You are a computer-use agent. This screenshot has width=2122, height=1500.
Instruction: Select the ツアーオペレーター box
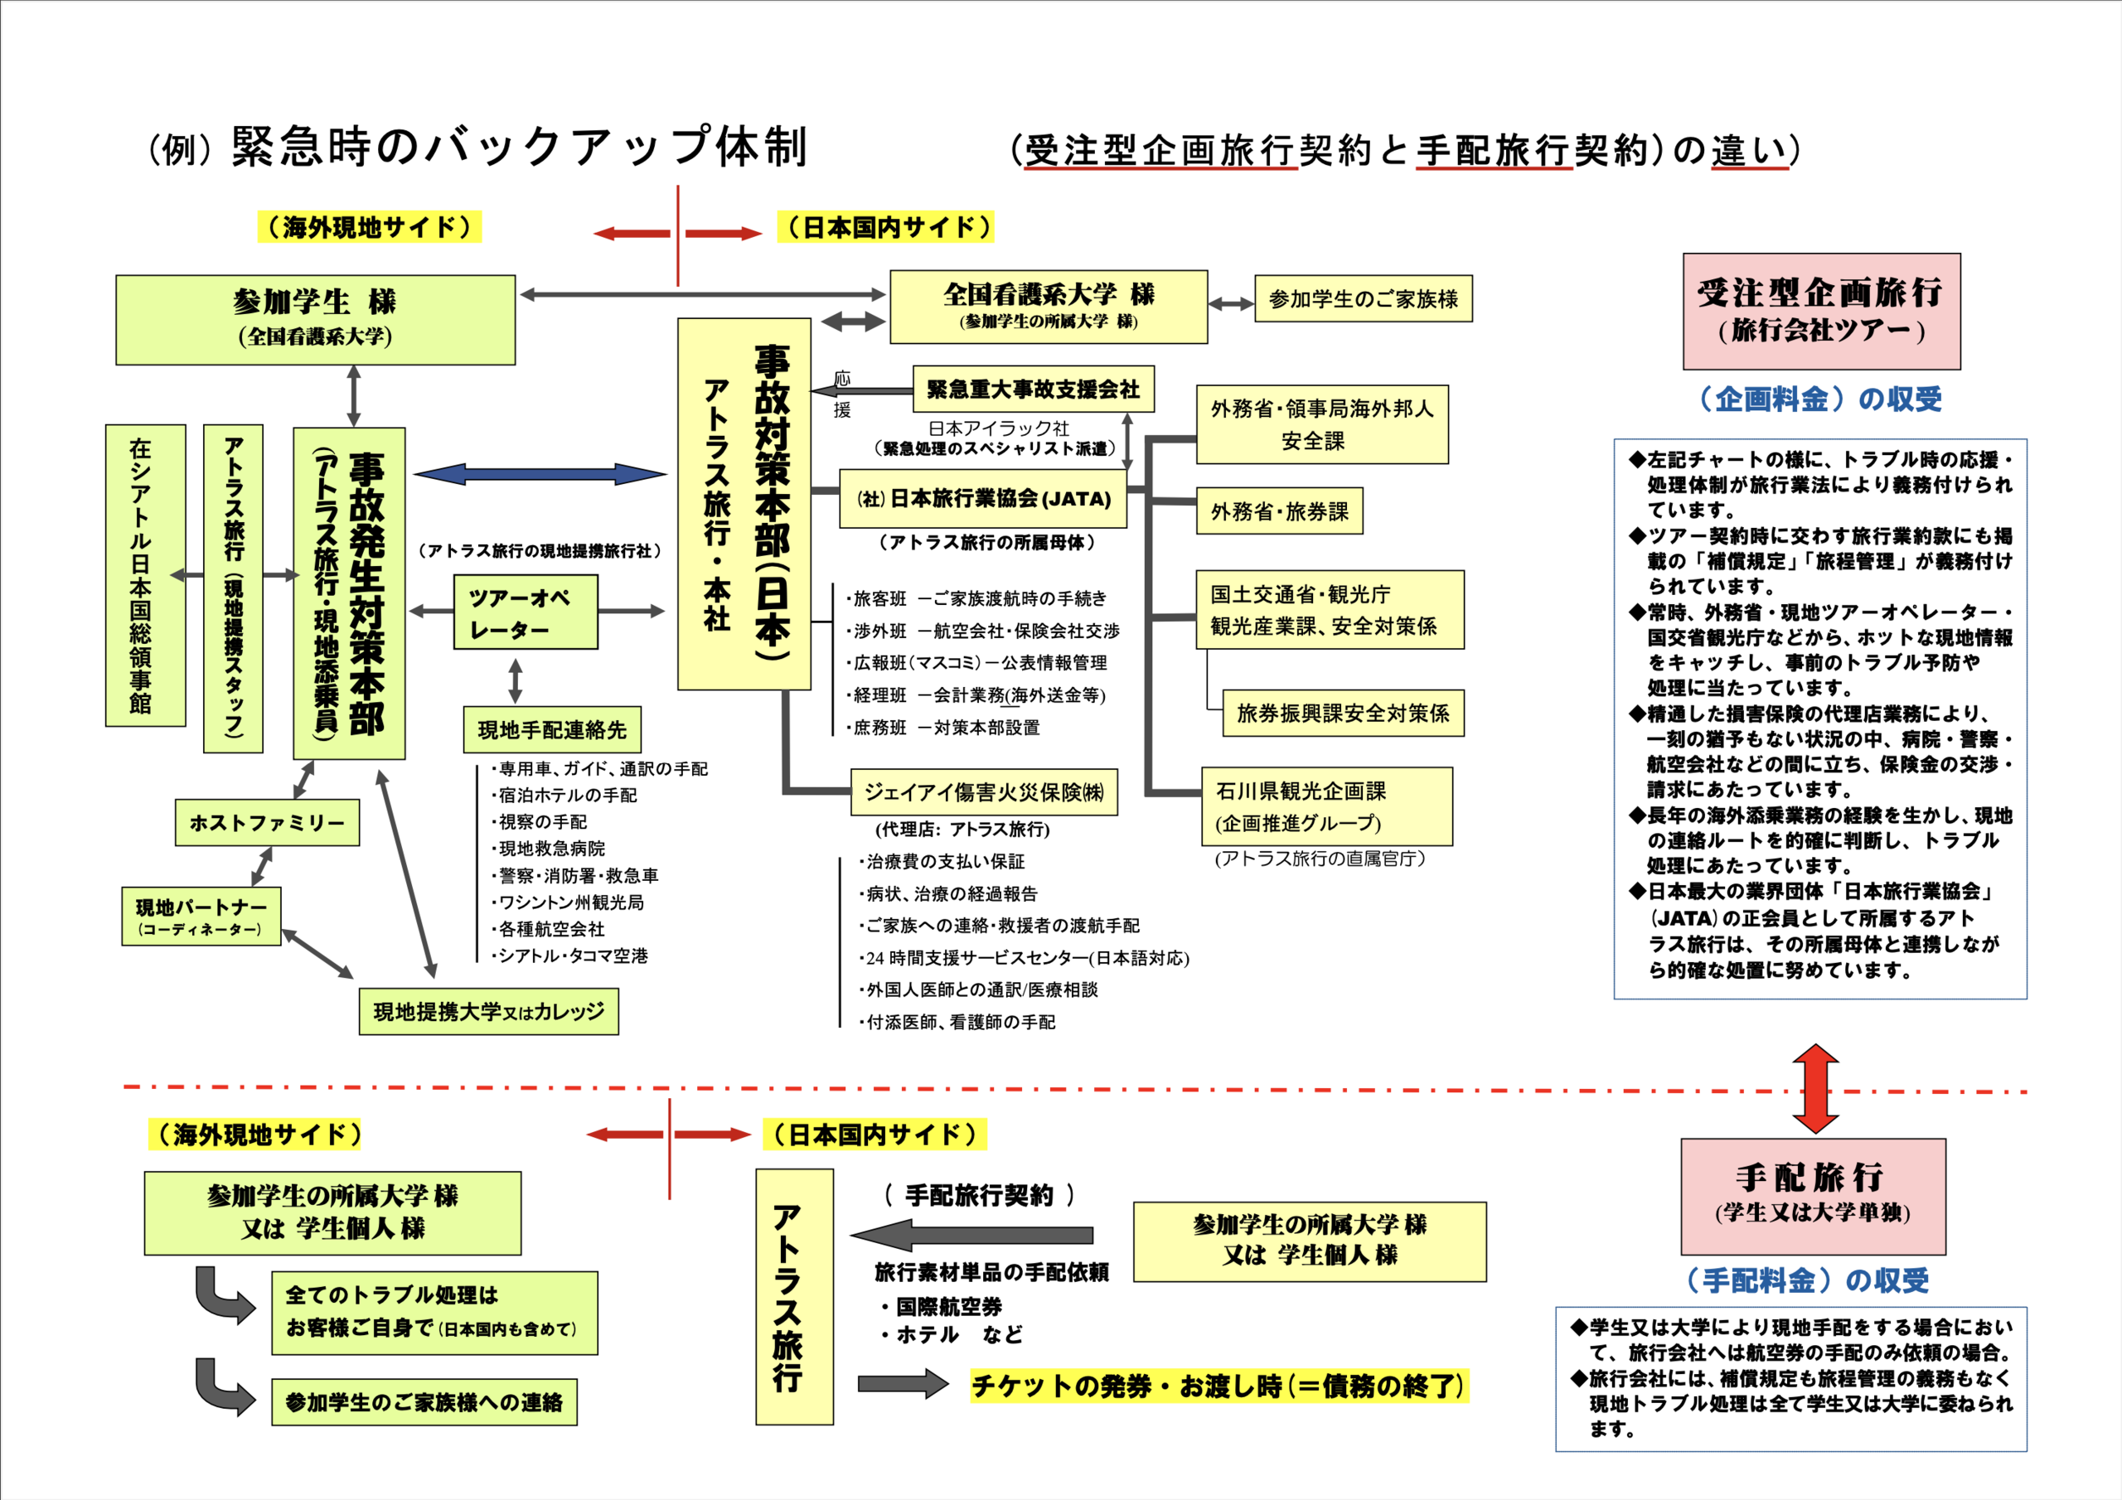[526, 612]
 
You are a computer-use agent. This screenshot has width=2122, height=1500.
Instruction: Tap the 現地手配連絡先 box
[552, 730]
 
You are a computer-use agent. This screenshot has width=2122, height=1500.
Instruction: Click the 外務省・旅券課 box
[1279, 511]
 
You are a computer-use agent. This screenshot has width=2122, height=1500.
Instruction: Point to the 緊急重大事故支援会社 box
[1034, 390]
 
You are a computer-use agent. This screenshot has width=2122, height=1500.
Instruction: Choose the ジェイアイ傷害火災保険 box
[983, 792]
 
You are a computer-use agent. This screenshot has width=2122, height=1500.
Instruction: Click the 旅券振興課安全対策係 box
[1343, 713]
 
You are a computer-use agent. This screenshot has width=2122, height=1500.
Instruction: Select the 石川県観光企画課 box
[1326, 806]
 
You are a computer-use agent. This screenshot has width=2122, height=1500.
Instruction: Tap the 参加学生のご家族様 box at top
[1364, 298]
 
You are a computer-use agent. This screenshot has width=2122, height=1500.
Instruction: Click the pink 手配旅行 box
[1812, 1196]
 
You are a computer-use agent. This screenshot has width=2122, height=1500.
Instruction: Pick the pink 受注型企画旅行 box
[1821, 312]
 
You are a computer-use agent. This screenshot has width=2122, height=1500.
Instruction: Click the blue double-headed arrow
[540, 475]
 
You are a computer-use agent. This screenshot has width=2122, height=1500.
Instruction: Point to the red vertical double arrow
[1815, 1089]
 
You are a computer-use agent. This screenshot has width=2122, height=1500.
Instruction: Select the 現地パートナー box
[201, 916]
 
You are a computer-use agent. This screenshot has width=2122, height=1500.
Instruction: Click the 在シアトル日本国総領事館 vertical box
[145, 575]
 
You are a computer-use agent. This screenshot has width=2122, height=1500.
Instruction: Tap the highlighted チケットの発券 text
[1218, 1386]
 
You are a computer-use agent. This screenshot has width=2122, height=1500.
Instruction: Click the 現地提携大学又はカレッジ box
[489, 1011]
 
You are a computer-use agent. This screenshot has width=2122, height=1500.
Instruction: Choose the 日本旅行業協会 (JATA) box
[983, 499]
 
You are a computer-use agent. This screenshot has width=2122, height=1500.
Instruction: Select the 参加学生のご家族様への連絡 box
[424, 1402]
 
